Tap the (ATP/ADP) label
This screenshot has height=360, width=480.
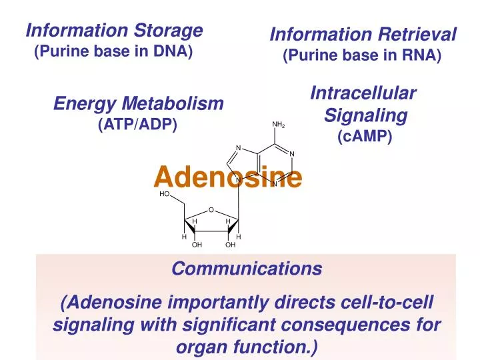point(137,124)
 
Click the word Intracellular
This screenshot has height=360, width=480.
point(363,94)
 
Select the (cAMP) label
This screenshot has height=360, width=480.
point(365,137)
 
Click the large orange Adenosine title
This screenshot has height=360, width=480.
point(227,177)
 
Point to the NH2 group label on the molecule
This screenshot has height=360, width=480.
point(279,125)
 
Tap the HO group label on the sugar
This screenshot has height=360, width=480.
point(165,194)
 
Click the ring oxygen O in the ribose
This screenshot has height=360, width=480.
point(211,211)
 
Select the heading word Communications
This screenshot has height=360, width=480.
point(247,269)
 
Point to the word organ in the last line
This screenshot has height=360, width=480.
point(197,347)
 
